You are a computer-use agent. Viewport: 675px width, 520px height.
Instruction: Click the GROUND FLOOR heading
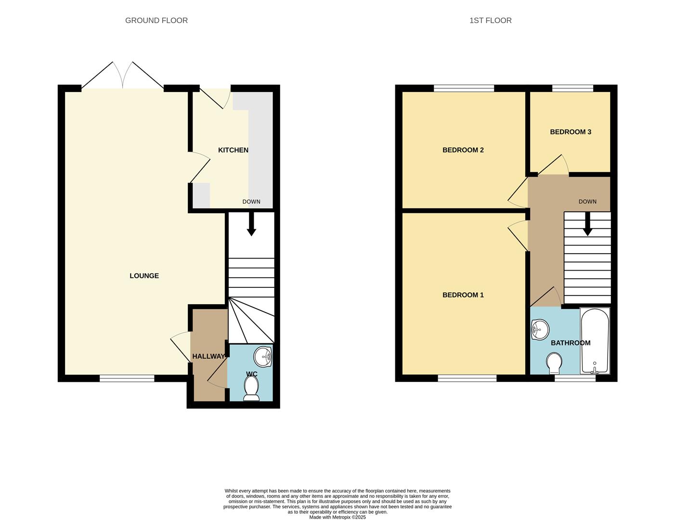pyautogui.click(x=156, y=20)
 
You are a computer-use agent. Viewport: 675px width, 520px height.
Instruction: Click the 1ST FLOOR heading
pyautogui.click(x=490, y=20)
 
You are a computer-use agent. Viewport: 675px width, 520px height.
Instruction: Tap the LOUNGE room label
pyautogui.click(x=144, y=276)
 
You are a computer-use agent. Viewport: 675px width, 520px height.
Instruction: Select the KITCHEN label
pyautogui.click(x=233, y=150)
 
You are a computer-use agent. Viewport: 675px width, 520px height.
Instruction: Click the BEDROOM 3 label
pyautogui.click(x=571, y=132)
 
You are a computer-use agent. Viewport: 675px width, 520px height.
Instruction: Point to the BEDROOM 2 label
pyautogui.click(x=463, y=150)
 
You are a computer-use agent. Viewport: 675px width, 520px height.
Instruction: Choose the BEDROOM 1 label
pyautogui.click(x=463, y=295)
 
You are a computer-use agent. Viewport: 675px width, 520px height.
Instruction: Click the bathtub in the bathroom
pyautogui.click(x=595, y=341)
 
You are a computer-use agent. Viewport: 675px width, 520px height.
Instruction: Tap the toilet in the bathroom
pyautogui.click(x=554, y=364)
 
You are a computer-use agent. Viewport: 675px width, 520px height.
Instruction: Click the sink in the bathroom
pyautogui.click(x=540, y=330)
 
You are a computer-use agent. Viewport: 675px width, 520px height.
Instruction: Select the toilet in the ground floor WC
pyautogui.click(x=251, y=388)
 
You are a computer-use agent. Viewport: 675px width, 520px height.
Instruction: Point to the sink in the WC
pyautogui.click(x=263, y=357)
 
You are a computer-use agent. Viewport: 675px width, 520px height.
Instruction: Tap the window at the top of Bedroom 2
pyautogui.click(x=464, y=88)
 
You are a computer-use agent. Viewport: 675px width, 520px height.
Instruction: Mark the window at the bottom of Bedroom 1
pyautogui.click(x=467, y=379)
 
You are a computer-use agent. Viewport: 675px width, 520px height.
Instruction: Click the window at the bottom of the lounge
pyautogui.click(x=127, y=379)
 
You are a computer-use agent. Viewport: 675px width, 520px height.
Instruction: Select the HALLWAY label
pyautogui.click(x=208, y=357)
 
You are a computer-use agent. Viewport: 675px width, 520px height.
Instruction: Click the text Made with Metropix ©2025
pyautogui.click(x=337, y=518)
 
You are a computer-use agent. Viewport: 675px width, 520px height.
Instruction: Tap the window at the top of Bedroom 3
pyautogui.click(x=572, y=88)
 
